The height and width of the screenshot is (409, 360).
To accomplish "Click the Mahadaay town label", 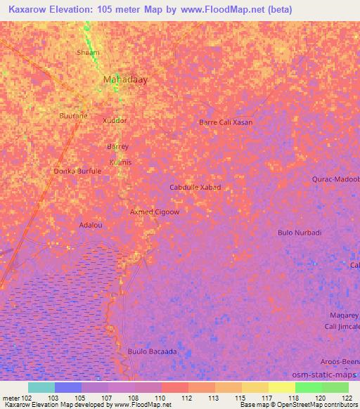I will [x=126, y=80].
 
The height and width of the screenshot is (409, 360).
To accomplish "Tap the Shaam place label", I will [x=88, y=53].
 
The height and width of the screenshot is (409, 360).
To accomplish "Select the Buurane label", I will [x=74, y=115].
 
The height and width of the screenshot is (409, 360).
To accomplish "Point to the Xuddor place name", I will [x=115, y=121].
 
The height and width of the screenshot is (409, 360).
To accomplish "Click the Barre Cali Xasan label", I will [x=226, y=122].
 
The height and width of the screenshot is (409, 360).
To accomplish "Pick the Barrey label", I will [x=117, y=147].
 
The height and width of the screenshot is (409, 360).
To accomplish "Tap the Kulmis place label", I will [x=120, y=162].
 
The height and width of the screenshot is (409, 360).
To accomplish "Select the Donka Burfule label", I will [x=78, y=171].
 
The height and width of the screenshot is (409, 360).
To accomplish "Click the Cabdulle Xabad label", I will [x=195, y=188].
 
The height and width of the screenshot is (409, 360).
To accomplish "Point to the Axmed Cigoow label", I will [x=155, y=212].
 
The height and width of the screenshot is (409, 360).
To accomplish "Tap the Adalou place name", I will [x=91, y=226].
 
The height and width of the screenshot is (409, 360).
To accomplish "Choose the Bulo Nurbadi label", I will [x=300, y=233].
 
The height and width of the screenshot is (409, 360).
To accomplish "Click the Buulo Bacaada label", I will [x=152, y=351].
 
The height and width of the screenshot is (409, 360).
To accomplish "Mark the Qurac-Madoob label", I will [x=335, y=179].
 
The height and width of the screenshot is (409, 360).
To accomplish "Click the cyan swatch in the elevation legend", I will [x=41, y=387].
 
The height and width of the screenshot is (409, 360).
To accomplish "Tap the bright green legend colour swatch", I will [x=308, y=387].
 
